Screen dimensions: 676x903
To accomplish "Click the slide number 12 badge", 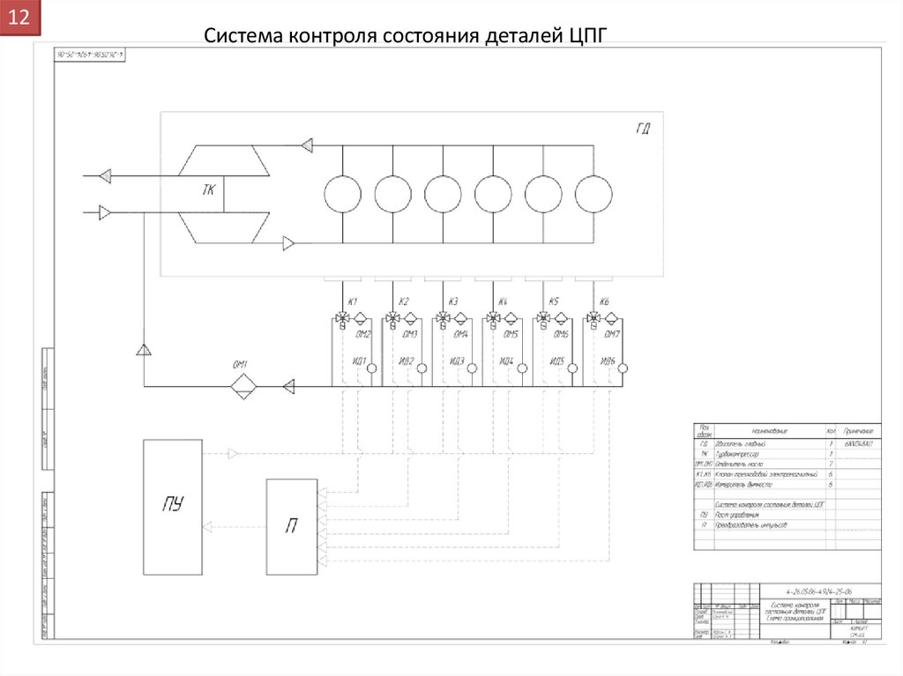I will pyautogui.click(x=20, y=19).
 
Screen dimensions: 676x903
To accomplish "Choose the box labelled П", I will pyautogui.click(x=291, y=526).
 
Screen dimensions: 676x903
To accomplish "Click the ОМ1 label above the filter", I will pyautogui.click(x=240, y=365).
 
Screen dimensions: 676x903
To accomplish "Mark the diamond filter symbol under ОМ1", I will pyautogui.click(x=243, y=386).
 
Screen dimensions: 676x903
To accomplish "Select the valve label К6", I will pyautogui.click(x=605, y=302).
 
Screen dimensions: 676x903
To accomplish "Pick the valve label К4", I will pyautogui.click(x=504, y=302).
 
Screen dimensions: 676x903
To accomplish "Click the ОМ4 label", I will pyautogui.click(x=461, y=335).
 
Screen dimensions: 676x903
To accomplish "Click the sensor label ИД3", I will pyautogui.click(x=456, y=361).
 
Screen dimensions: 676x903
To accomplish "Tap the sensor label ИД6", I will pyautogui.click(x=607, y=361).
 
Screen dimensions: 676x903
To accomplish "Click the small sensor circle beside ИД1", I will pyautogui.click(x=372, y=368).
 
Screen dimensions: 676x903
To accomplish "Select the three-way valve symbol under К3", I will pyautogui.click(x=443, y=318).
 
